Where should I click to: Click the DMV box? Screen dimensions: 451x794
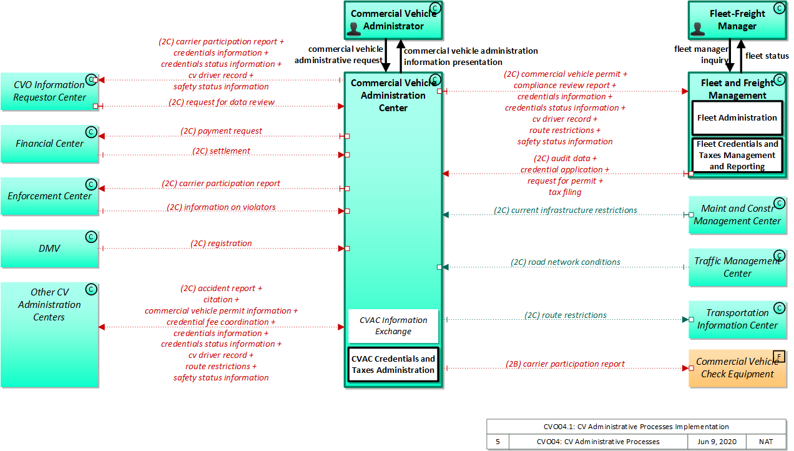49,249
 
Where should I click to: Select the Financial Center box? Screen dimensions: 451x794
49,144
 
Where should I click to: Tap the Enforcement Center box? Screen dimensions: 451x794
49,196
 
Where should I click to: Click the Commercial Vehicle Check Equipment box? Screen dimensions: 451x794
737,368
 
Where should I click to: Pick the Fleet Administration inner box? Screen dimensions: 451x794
737,117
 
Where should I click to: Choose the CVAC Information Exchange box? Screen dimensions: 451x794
393,325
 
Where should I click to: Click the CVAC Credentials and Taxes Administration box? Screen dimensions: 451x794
393,364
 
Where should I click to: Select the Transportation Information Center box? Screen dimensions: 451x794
737,319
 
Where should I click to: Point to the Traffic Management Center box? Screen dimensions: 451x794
737,267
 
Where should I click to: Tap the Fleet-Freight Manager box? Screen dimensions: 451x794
737,20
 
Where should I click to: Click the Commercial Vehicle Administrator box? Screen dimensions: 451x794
393,20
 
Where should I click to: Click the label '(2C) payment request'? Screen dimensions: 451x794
221,131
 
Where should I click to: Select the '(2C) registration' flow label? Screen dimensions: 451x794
221,244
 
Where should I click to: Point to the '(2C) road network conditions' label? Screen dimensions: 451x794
566,262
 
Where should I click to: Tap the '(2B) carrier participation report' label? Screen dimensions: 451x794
565,364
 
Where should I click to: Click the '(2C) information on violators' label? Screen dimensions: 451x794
221,207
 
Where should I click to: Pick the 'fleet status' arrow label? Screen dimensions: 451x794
767,56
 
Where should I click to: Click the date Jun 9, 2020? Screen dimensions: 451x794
716,442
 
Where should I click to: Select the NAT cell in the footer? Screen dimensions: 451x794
766,442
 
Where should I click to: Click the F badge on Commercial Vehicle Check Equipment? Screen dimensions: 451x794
779,356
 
